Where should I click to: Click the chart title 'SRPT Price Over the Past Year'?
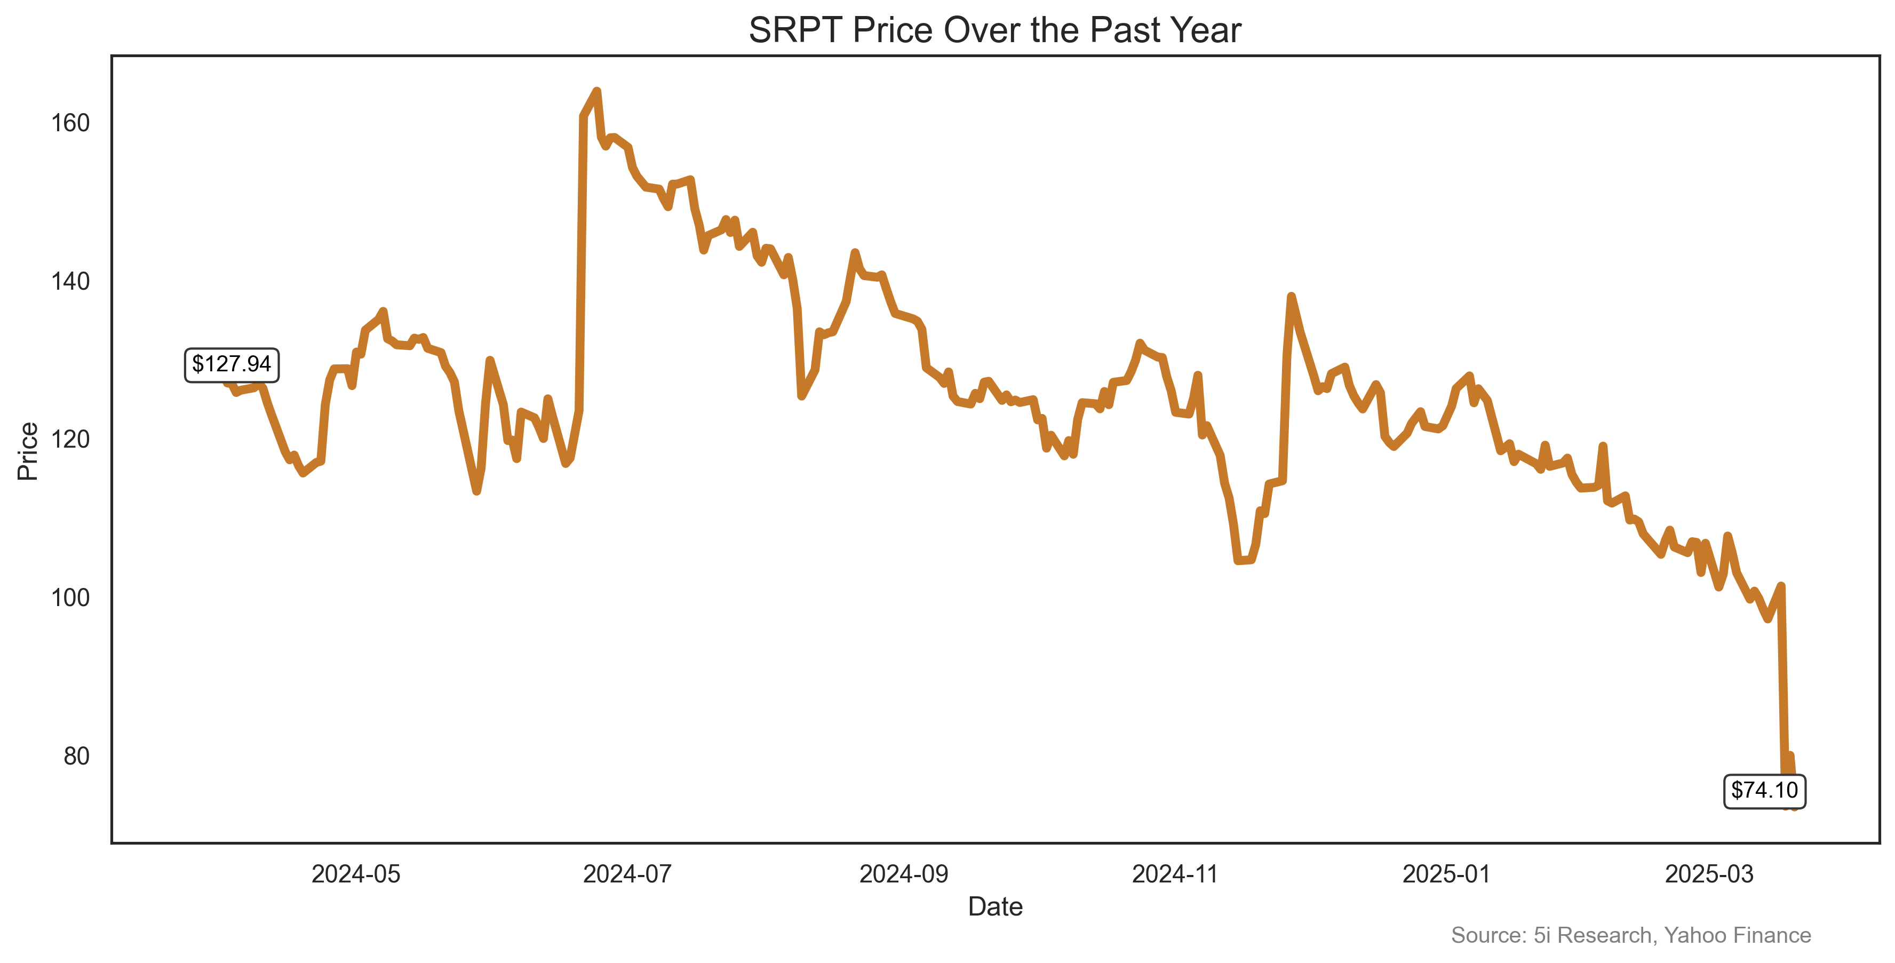tap(994, 31)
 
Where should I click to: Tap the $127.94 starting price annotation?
tap(231, 364)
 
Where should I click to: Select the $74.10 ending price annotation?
tap(1764, 790)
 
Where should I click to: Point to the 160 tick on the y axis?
tap(70, 123)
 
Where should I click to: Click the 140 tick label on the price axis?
tap(70, 281)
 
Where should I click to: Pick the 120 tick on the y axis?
tap(70, 439)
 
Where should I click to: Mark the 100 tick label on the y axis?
tap(70, 598)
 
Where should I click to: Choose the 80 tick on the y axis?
tap(76, 755)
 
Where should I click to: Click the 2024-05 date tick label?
tap(355, 874)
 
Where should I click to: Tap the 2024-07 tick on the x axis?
tap(627, 874)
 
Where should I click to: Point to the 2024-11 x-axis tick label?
tap(1175, 874)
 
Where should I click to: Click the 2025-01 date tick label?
tap(1446, 874)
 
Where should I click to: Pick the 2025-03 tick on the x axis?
tap(1709, 874)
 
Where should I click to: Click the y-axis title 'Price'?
tap(28, 451)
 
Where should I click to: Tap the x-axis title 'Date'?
tap(994, 906)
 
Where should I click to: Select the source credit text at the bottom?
tap(1630, 935)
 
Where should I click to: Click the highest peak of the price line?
tap(596, 91)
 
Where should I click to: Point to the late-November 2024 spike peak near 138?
tap(1291, 297)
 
